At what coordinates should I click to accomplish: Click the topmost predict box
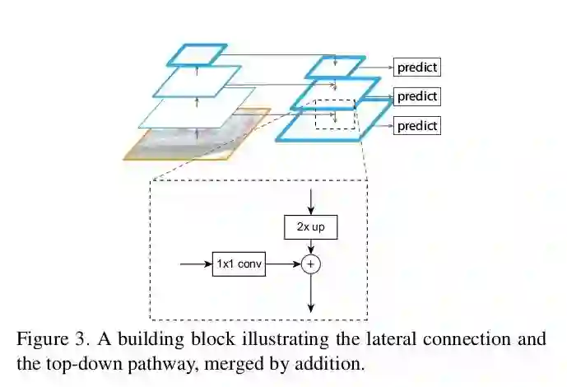coord(416,67)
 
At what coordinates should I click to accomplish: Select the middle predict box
coord(416,96)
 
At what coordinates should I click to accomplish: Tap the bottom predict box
coord(416,126)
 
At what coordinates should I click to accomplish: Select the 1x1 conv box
coord(239,264)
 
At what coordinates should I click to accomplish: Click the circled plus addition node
coord(310,264)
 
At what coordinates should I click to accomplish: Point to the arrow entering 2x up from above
coord(310,201)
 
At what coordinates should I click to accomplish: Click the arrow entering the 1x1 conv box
coord(195,264)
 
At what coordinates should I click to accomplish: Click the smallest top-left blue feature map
coord(197,54)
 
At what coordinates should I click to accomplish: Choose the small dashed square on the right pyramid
coord(335,114)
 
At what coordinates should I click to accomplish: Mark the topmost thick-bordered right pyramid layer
coord(333,67)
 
